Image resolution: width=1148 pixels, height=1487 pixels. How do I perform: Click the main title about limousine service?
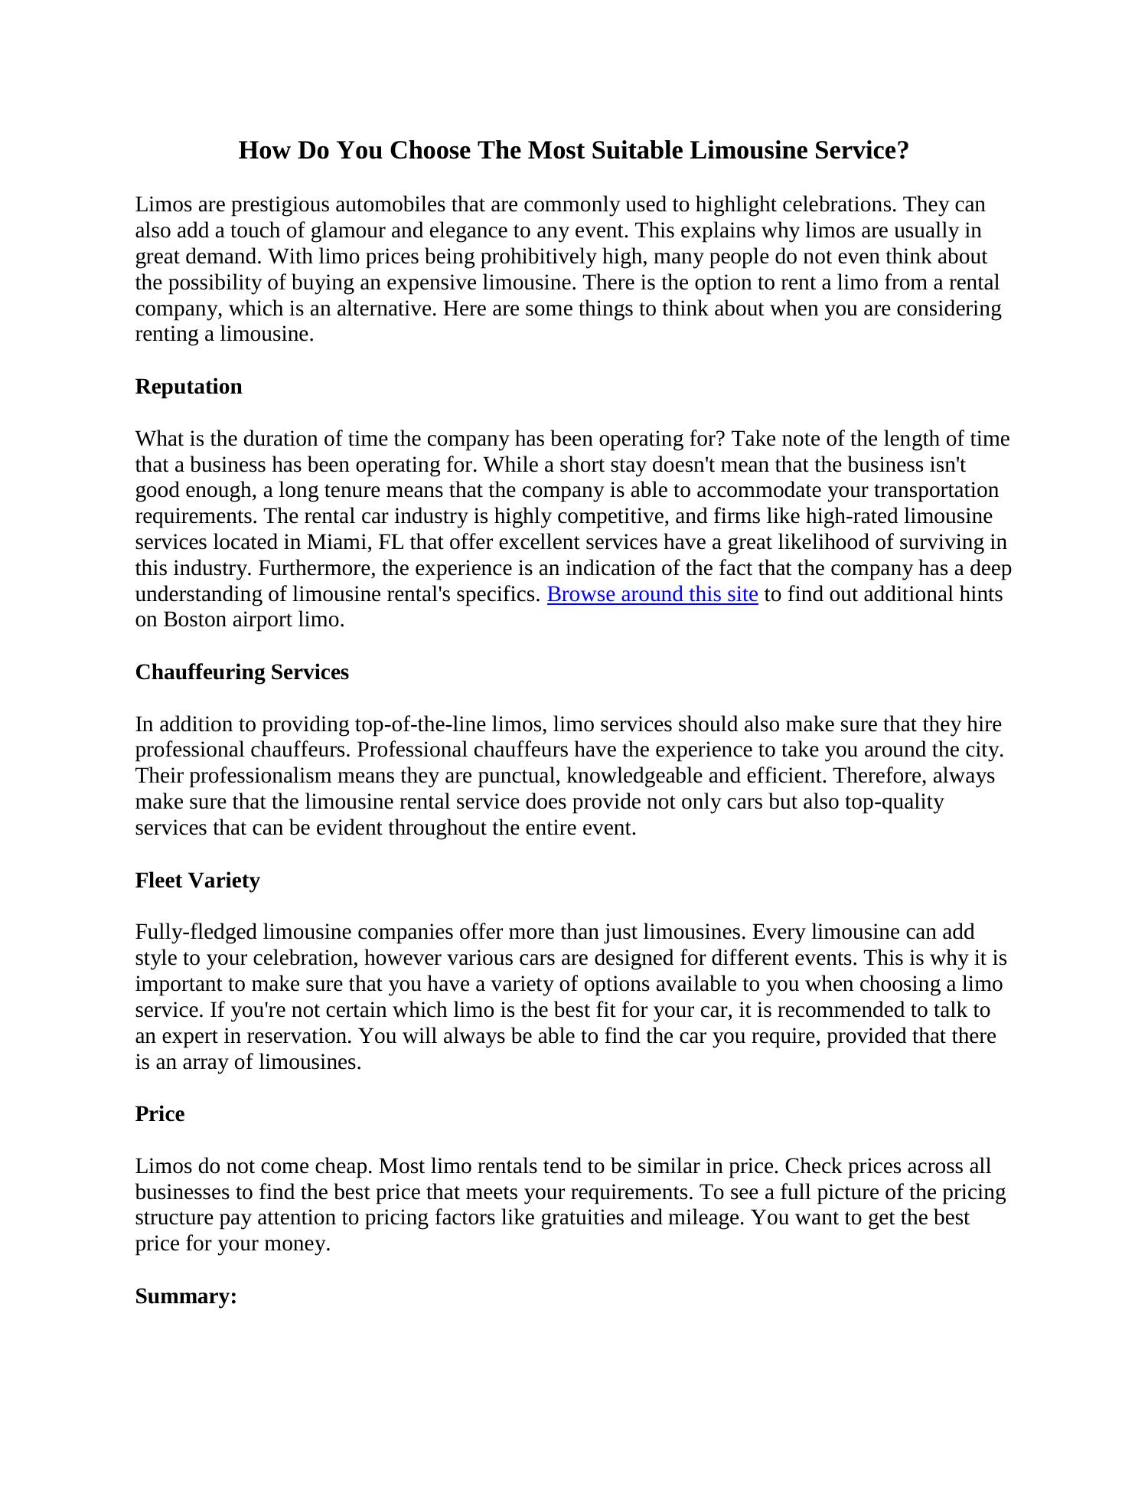click(573, 150)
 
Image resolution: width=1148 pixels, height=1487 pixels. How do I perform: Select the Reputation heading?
click(188, 387)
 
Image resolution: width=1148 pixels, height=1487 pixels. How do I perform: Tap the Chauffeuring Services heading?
click(242, 672)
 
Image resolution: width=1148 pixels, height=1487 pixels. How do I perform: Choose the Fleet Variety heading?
click(197, 881)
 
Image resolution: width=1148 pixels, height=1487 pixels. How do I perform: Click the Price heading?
click(160, 1114)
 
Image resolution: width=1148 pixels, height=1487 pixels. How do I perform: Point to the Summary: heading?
click(186, 1296)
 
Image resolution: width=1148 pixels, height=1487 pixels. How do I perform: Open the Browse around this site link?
click(652, 594)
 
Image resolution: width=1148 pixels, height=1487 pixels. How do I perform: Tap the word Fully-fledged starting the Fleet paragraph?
click(196, 933)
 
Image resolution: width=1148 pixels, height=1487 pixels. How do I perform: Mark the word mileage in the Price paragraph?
click(699, 1218)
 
